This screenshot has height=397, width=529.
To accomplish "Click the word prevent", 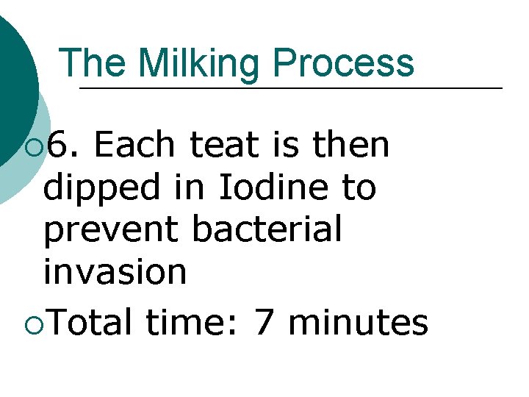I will coord(110,229).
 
